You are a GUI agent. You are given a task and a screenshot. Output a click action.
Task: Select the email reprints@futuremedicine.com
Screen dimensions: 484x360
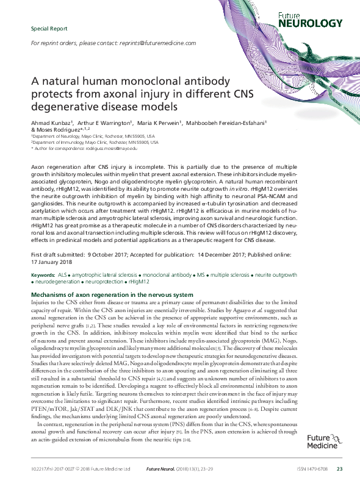[165, 44]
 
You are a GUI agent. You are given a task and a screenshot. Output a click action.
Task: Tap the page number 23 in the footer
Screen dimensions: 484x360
[339, 468]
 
